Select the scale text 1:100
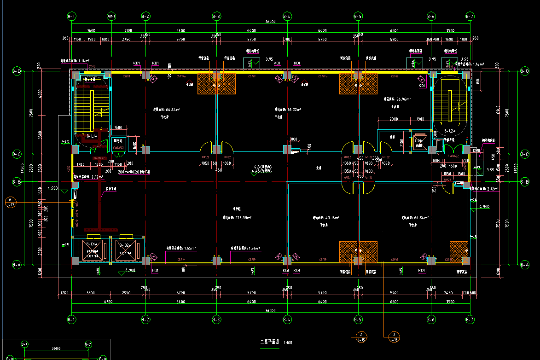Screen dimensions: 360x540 [x=288, y=343]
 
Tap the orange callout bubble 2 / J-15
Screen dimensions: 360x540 [x=361, y=337]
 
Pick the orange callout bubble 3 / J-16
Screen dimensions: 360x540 [x=394, y=337]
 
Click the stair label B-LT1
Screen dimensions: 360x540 [x=92, y=136]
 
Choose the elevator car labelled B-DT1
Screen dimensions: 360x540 [x=93, y=244]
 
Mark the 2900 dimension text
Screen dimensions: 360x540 [x=394, y=119]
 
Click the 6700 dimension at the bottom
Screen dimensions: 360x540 [x=108, y=302]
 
